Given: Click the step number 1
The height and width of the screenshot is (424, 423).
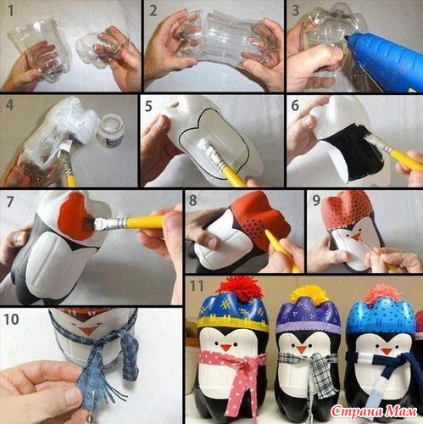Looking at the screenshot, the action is pos(11,10).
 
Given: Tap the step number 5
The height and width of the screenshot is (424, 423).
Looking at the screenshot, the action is pos(148,107).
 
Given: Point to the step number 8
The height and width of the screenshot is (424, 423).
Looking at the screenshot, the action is pos(192,200).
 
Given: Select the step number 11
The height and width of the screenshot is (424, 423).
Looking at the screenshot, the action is pos(197,286).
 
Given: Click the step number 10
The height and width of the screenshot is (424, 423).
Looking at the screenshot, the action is pos(11,320).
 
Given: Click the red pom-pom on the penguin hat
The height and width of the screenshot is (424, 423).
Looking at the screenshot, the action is pos(240,289).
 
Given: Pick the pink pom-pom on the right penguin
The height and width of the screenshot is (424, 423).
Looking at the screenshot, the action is pos(383,294).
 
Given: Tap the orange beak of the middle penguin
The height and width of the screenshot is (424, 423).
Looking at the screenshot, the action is pos(301,349).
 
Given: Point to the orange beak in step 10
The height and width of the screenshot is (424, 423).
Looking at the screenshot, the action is pos(87,331).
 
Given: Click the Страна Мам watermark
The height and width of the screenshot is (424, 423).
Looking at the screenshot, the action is pos(374,411).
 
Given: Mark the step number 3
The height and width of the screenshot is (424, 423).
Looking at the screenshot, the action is pos(295,10).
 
